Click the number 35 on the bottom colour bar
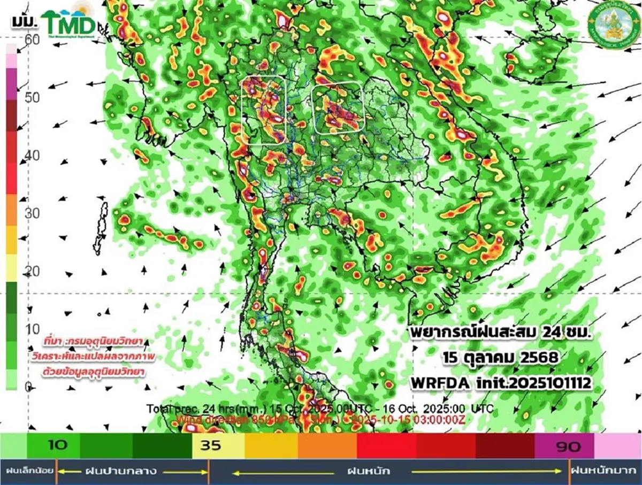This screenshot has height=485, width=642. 211,446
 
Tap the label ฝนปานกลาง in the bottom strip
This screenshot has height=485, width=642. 120,471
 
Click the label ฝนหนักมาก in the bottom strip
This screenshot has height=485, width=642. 605,471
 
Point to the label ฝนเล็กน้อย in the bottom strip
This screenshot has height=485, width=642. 29,471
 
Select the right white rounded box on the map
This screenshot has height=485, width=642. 338,109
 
